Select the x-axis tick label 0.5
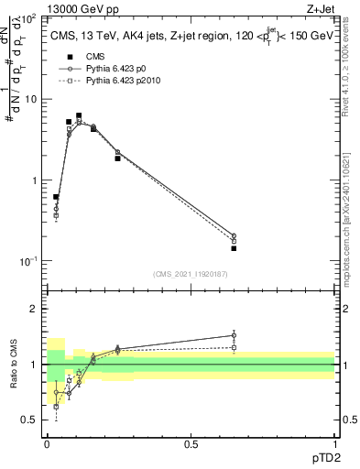tap(191, 444)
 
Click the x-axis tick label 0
tap(47, 444)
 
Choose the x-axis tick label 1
tap(334, 444)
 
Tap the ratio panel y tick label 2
tap(33, 309)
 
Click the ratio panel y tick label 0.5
tap(29, 420)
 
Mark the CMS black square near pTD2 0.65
tap(234, 248)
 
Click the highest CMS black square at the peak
tap(80, 115)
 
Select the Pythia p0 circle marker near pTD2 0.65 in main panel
tap(234, 235)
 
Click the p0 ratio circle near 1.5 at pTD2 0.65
tap(234, 335)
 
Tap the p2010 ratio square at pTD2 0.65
tap(234, 347)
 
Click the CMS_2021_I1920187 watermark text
tap(190, 274)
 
